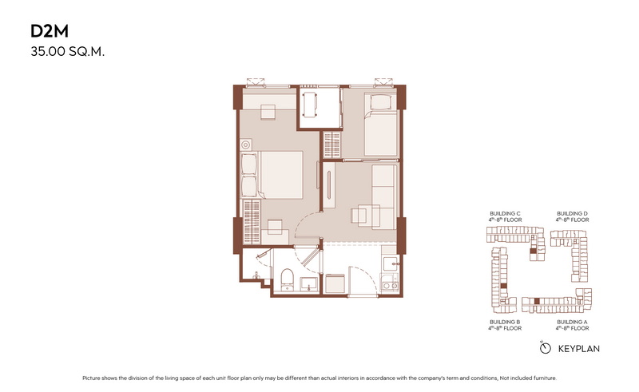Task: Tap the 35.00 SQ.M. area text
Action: tap(68, 52)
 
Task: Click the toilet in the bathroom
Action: tap(288, 279)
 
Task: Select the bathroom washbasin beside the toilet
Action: tap(309, 284)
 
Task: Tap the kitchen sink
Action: tap(390, 263)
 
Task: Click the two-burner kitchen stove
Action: tap(390, 283)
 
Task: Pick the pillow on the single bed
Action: tap(381, 102)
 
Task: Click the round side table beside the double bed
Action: tap(245, 145)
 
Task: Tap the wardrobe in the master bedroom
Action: tap(252, 222)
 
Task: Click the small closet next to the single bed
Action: tap(332, 145)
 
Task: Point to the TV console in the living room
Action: tap(329, 185)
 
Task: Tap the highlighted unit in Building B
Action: tap(504, 286)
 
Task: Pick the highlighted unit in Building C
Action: tap(533, 251)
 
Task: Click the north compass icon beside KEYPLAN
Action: tap(546, 348)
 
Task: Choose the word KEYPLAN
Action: tap(578, 349)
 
